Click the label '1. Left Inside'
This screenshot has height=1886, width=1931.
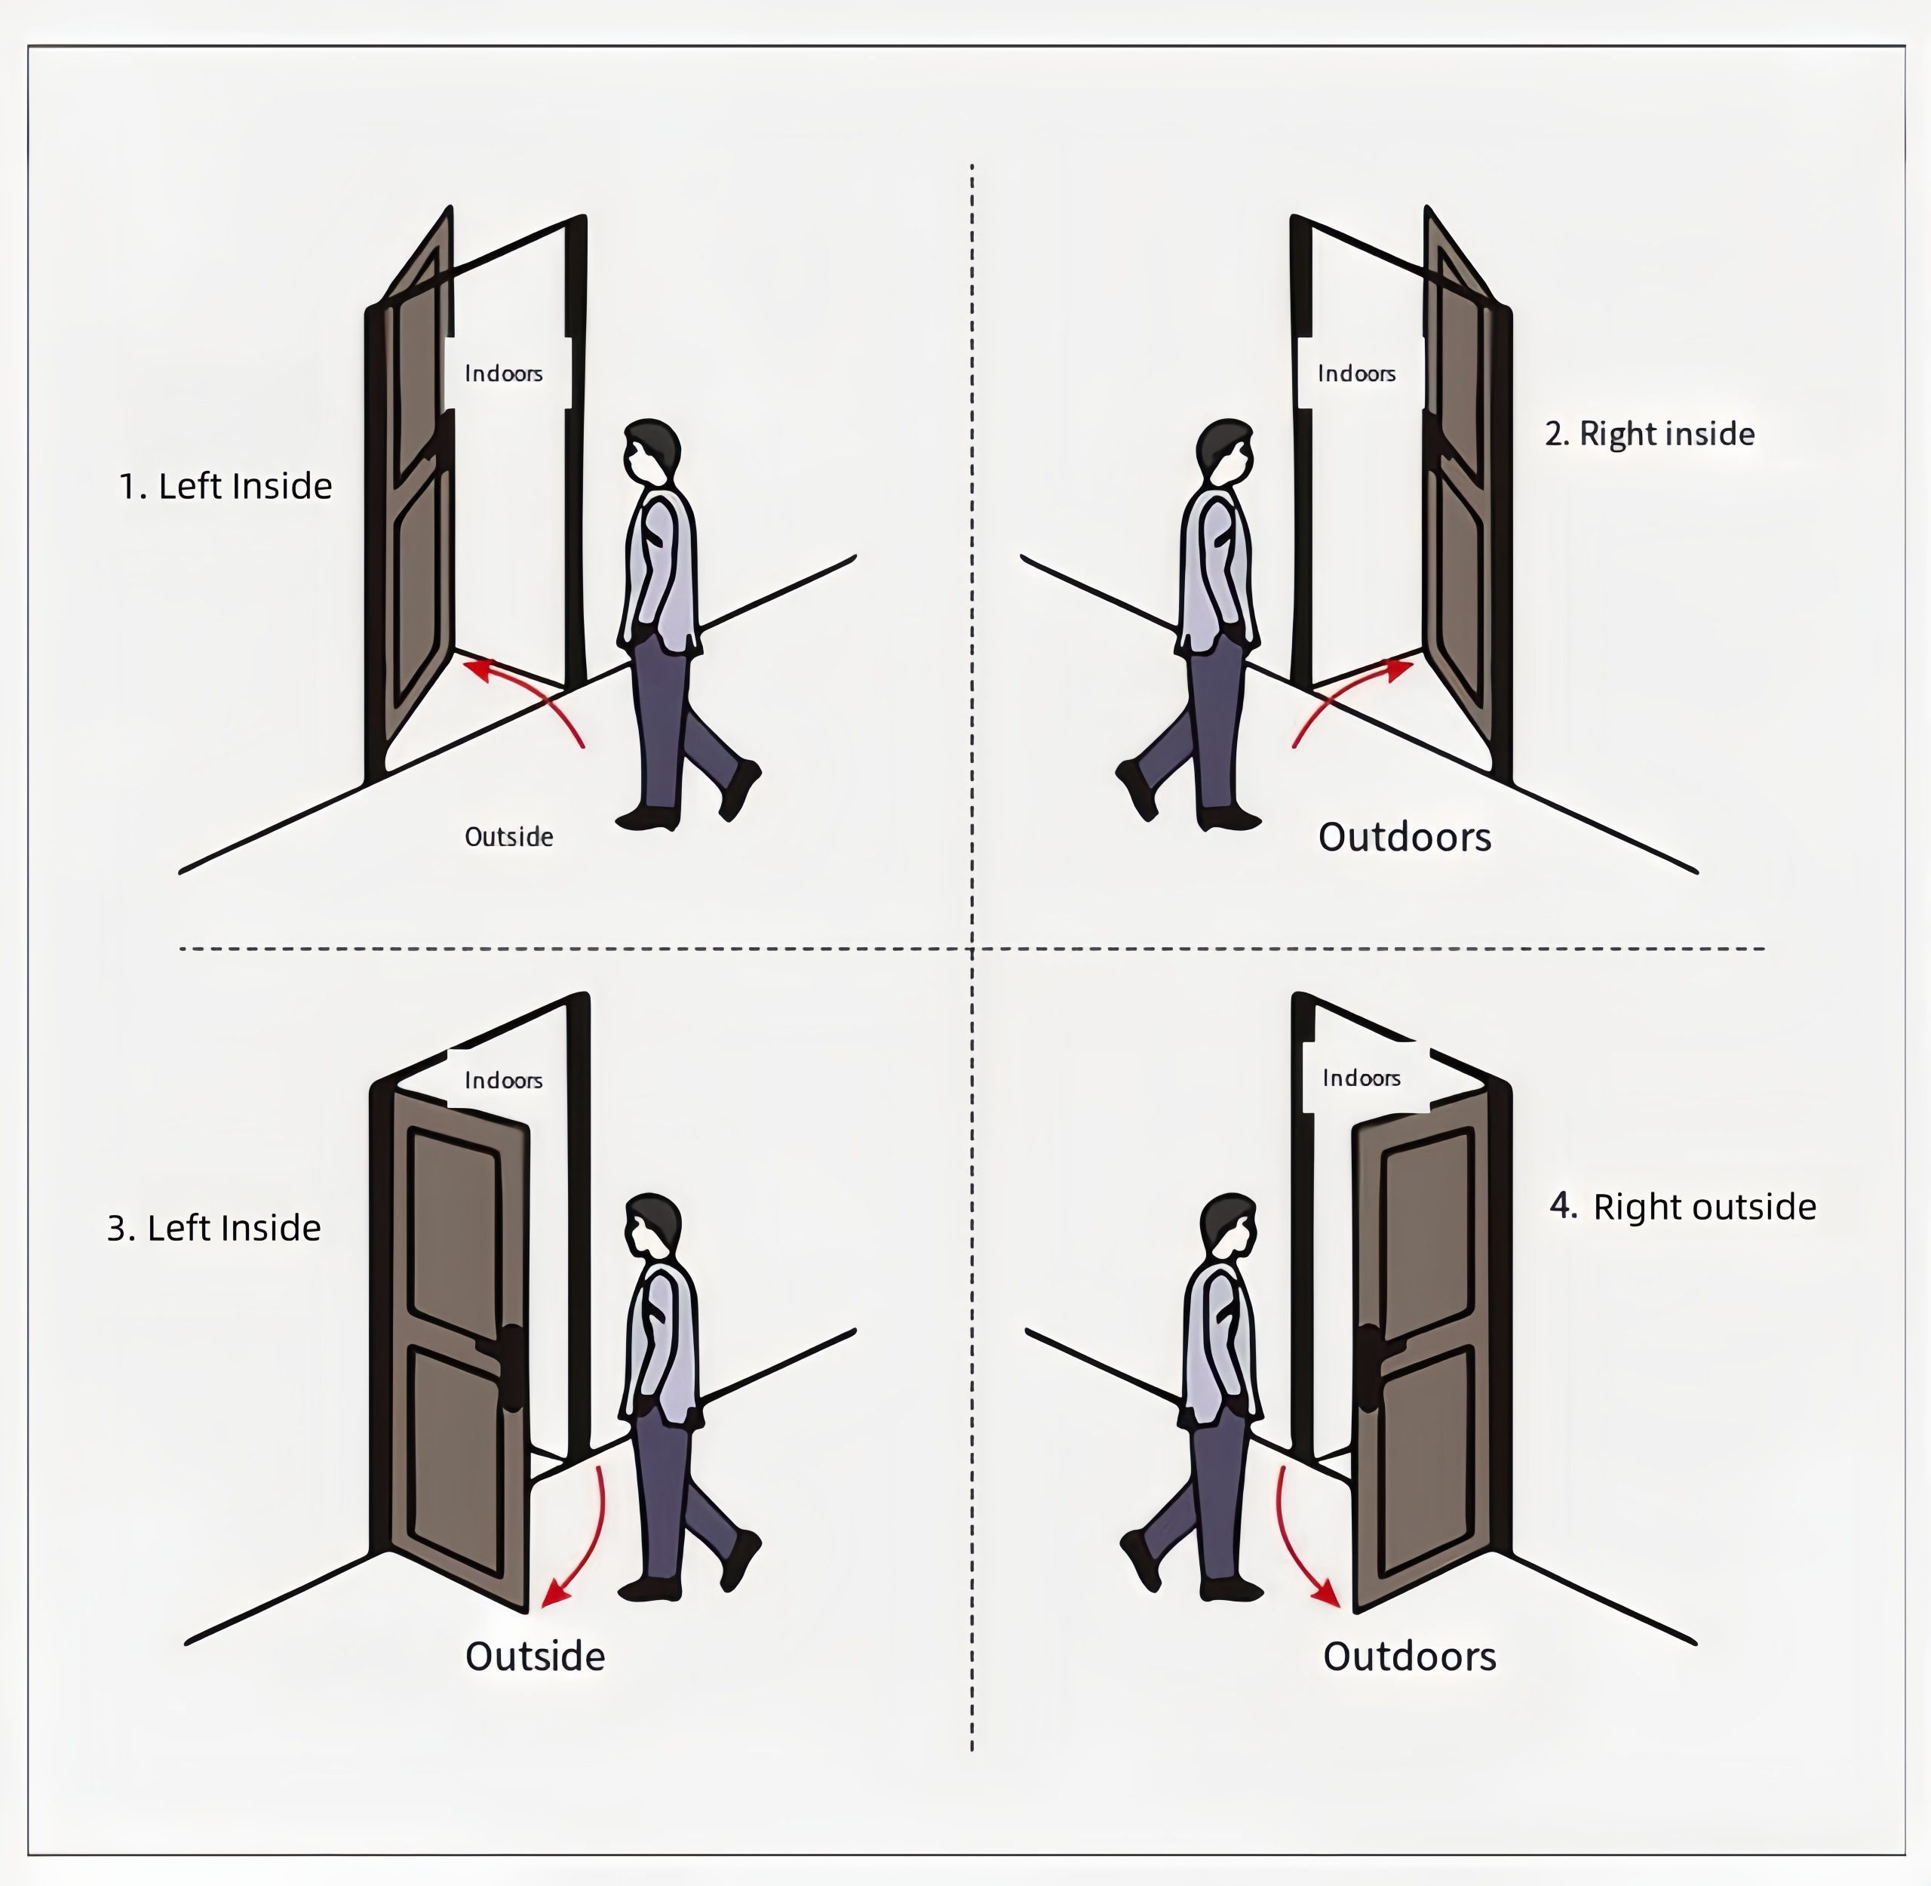tap(226, 486)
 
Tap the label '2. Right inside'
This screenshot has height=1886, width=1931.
tap(1650, 434)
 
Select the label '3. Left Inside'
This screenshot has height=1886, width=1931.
tap(214, 1229)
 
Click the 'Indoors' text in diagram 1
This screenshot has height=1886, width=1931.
tap(503, 374)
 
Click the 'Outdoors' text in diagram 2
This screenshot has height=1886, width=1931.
tap(1405, 837)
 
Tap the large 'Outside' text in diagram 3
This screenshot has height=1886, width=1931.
tap(535, 1656)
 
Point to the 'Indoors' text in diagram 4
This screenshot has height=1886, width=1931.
tap(1361, 1078)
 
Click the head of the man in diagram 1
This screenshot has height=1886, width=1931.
tap(652, 453)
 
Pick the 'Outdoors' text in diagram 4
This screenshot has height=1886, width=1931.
tap(1409, 1656)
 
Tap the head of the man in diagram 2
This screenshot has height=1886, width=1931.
tap(1226, 453)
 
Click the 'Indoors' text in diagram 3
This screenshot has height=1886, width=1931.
tap(503, 1080)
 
